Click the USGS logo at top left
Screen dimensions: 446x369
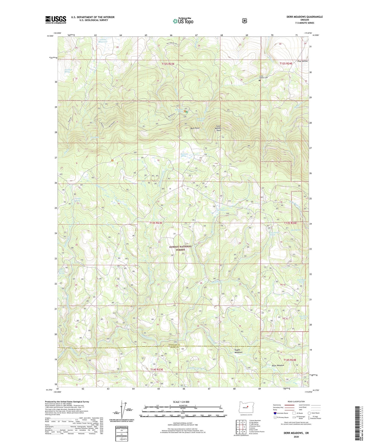(x=56, y=20)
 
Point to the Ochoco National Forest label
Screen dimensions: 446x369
(x=181, y=248)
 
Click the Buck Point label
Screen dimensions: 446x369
(x=195, y=128)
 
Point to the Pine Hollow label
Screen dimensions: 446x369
(x=303, y=61)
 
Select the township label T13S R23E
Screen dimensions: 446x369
(x=156, y=223)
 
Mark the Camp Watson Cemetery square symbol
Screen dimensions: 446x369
(x=259, y=80)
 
